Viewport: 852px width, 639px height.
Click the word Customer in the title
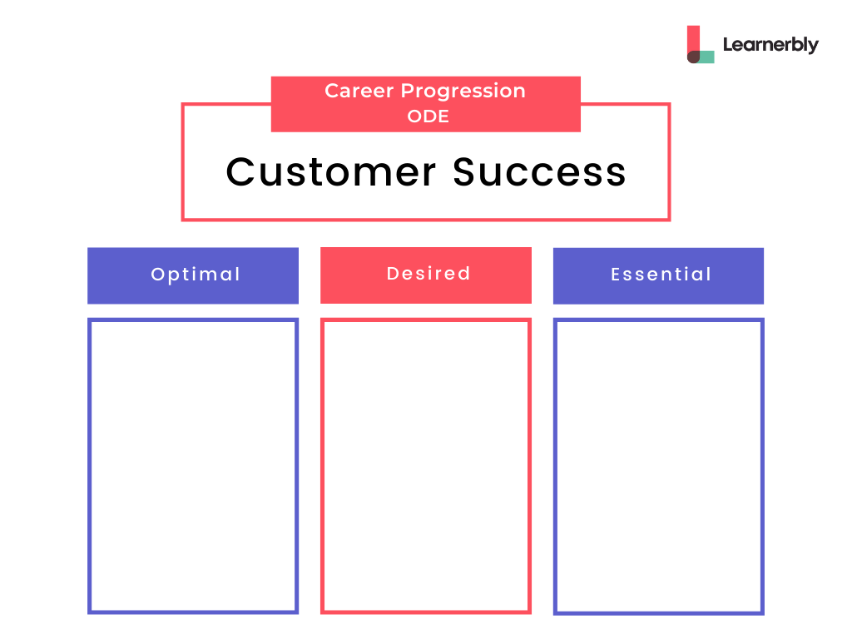point(330,171)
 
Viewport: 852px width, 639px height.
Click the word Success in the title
point(539,171)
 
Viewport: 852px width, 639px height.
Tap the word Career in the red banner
point(359,91)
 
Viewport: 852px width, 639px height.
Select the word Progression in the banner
point(463,92)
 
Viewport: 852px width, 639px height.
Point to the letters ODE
point(428,116)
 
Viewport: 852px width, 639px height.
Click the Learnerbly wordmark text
point(770,45)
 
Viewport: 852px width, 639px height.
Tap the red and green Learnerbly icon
point(701,44)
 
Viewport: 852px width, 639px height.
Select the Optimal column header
point(193,275)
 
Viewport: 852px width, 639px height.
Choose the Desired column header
point(426,275)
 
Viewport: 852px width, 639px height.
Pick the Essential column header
point(659,275)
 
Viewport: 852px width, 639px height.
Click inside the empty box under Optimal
point(193,466)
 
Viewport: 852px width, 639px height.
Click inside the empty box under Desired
point(426,466)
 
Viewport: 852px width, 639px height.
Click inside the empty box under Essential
point(659,466)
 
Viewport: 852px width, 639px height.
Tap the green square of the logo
point(706,57)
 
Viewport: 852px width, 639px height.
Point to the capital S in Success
point(466,171)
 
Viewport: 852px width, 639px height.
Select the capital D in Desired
point(393,273)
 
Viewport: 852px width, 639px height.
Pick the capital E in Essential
point(616,275)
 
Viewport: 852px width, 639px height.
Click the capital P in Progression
point(407,91)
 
